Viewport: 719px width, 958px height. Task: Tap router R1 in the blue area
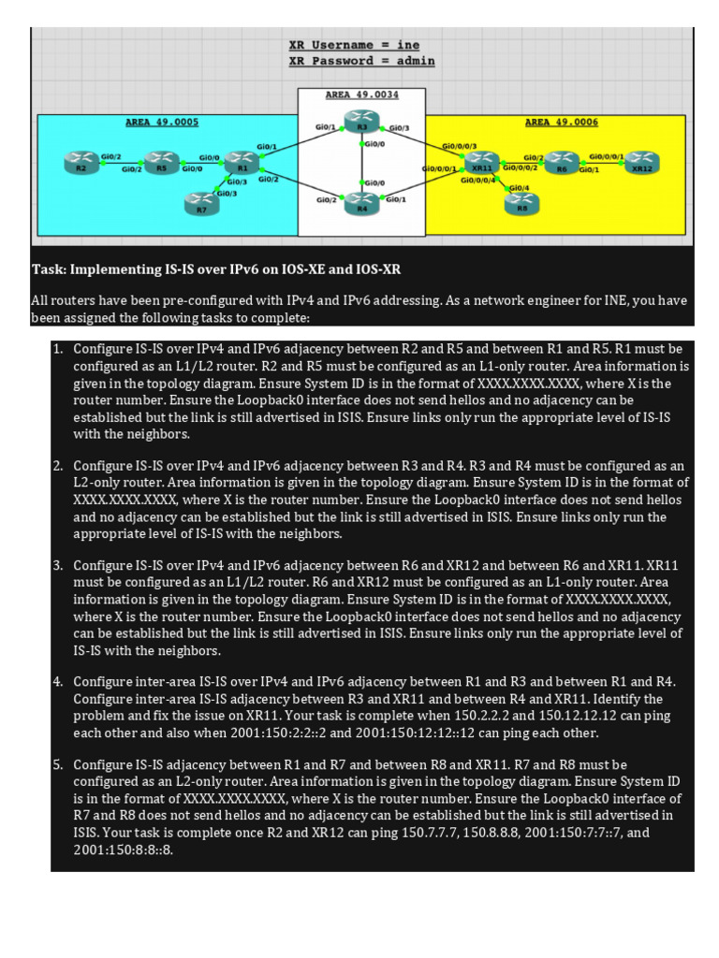coord(241,162)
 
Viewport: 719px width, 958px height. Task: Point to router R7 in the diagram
coord(201,202)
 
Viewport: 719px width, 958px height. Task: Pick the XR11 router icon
coord(481,163)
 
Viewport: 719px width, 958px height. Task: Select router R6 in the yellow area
coord(562,162)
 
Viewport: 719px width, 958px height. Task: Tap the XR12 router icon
coord(641,162)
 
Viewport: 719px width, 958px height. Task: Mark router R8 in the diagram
coord(521,202)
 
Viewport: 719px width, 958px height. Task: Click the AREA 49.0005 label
coord(162,122)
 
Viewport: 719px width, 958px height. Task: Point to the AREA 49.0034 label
coord(361,94)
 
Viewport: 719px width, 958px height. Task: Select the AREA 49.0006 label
coord(562,122)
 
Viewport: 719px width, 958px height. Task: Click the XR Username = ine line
coord(354,45)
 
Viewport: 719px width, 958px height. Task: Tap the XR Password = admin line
coord(361,61)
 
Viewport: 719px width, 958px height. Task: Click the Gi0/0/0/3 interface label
coord(460,146)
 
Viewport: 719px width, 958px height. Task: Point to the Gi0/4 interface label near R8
coord(518,188)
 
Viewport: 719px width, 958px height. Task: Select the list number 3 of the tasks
coord(57,566)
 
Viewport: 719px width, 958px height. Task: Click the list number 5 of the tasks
coord(57,765)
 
